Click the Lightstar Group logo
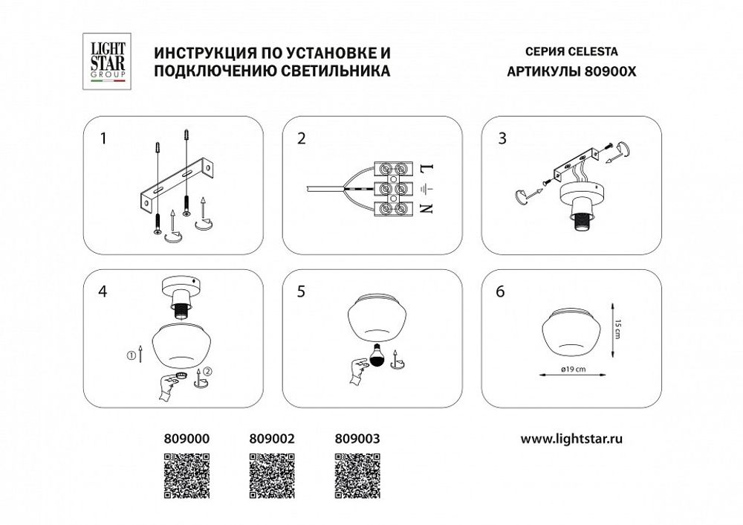click(108, 61)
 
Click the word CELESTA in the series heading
click(593, 51)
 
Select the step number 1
click(103, 138)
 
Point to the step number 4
click(103, 292)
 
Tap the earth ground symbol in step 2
click(426, 188)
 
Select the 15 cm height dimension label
click(617, 329)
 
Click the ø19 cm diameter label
click(573, 369)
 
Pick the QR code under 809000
click(186, 476)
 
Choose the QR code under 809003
click(357, 476)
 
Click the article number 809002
click(271, 439)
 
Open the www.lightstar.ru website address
click(571, 439)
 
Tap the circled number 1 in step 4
click(131, 355)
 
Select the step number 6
click(500, 292)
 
